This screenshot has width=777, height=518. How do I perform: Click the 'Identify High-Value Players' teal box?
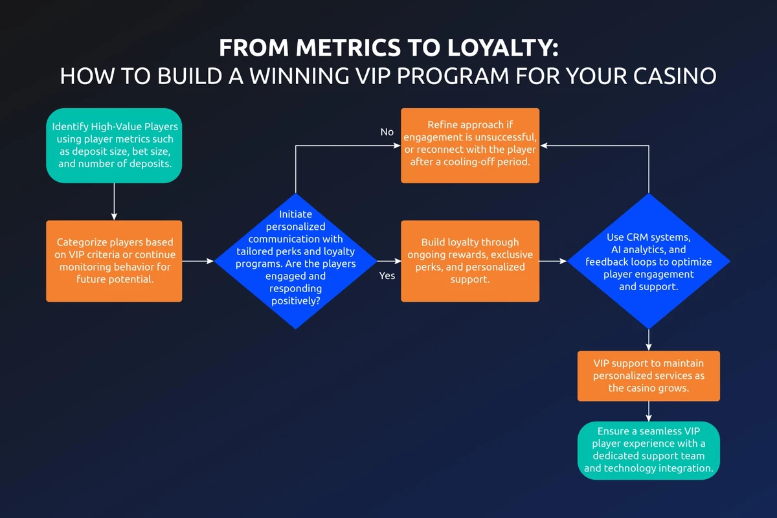pos(114,145)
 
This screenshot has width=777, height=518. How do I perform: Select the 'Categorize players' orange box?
pos(114,261)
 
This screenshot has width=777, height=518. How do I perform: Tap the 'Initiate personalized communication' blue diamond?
pos(295,261)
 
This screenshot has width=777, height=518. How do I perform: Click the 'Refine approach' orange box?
pos(470,145)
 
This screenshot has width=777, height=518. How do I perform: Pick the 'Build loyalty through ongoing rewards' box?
pos(470,261)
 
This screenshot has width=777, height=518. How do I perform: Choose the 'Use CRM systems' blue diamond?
pos(649,261)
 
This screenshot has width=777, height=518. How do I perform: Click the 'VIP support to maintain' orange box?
pos(649,376)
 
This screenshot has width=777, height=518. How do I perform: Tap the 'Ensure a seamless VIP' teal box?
pos(649,451)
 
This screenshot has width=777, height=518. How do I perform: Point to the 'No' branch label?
pos(387,132)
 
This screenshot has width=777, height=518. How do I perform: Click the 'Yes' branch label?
pos(387,276)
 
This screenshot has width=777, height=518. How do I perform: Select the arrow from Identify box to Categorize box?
pos(114,201)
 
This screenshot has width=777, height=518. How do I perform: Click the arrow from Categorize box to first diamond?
pos(198,261)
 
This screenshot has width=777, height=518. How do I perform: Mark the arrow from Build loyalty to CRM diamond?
pos(554,261)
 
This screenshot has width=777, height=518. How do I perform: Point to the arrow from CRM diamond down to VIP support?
pos(649,340)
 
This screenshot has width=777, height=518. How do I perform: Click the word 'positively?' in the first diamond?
pos(295,300)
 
